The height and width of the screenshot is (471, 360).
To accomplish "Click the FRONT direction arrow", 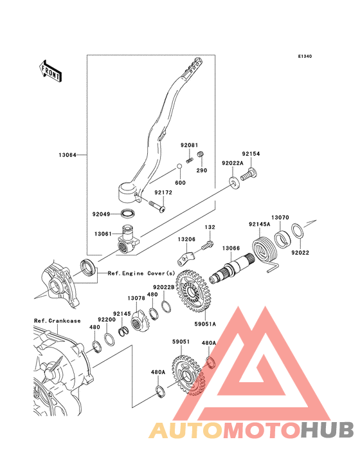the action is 50,71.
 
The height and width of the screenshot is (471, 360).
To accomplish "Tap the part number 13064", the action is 67,155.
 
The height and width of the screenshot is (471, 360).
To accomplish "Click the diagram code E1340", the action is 305,56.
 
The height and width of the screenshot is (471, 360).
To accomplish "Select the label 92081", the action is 189,145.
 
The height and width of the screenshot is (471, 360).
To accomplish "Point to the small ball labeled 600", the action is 179,167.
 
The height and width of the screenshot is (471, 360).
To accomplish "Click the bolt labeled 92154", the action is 249,174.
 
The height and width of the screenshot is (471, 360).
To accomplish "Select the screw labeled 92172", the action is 157,207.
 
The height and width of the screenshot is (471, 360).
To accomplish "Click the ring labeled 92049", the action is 128,214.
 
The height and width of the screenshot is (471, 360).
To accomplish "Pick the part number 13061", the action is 103,234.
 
